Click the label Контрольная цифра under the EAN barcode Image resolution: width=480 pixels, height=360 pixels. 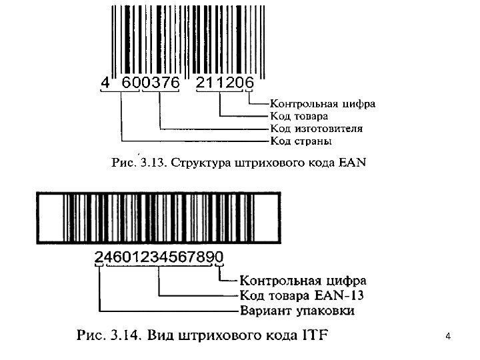322,104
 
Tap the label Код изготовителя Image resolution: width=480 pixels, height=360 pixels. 316,129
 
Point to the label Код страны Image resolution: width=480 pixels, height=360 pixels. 301,141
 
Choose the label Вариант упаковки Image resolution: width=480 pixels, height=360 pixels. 297,311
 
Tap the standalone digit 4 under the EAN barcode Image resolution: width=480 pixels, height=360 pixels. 103,83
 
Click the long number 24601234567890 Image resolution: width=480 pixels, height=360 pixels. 159,256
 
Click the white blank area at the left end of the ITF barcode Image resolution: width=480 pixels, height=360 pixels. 51,217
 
